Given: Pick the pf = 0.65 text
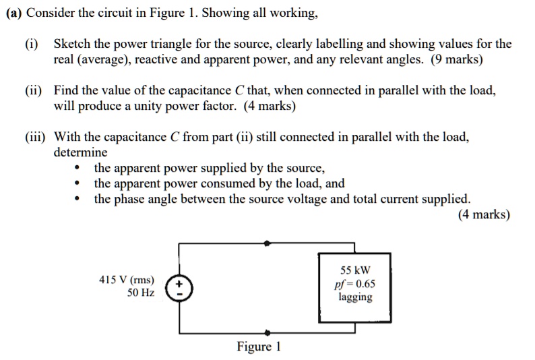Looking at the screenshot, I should [354, 284].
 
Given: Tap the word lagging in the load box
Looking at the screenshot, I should [354, 297].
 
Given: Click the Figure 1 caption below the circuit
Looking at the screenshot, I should [258, 347].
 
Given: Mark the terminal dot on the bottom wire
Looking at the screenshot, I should [267, 332].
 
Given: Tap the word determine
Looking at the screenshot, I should [80, 152].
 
